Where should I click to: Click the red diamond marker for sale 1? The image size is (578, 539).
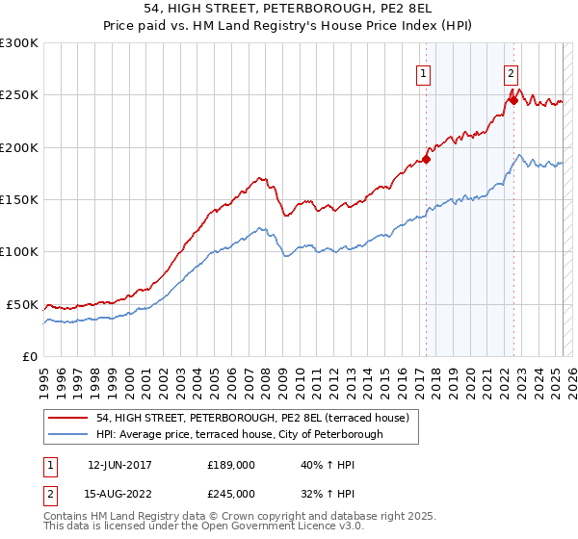(426, 160)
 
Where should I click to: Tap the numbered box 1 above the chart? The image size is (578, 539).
(424, 72)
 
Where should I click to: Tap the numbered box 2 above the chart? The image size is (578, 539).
(511, 72)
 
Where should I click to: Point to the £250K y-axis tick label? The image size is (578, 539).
(18, 95)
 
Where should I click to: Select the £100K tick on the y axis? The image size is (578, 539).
(18, 252)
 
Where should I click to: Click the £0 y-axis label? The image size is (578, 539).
(29, 356)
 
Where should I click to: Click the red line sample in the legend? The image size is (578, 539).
(67, 418)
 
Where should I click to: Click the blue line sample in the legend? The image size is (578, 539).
(67, 434)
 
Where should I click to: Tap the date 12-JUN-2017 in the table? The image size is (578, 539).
(119, 464)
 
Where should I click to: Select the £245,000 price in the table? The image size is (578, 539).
(231, 493)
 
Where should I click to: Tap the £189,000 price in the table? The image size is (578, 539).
(231, 464)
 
